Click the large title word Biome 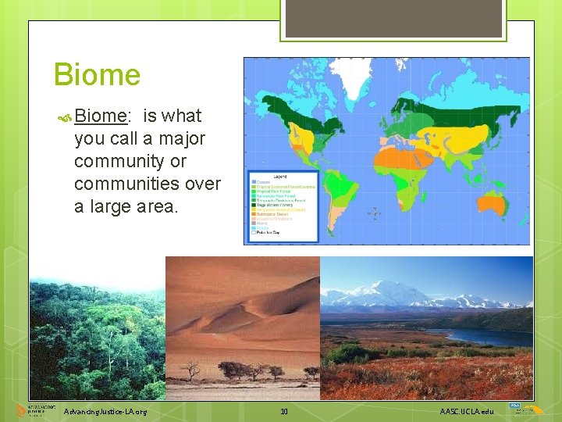(x=97, y=75)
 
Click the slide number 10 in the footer (x=284, y=411)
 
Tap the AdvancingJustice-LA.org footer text (x=105, y=411)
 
